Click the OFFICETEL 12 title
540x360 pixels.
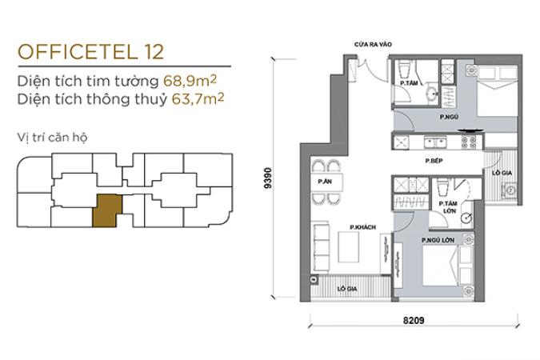click(90, 52)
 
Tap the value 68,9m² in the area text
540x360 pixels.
click(190, 81)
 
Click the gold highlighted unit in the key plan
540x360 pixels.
click(106, 211)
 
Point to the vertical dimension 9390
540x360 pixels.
click(268, 178)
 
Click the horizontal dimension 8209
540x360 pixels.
click(414, 320)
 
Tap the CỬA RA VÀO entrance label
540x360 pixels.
click(373, 45)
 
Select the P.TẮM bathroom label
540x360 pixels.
click(409, 83)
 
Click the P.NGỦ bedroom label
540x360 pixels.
click(449, 117)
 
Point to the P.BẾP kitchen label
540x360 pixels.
click(434, 161)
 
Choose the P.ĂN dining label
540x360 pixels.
click(325, 182)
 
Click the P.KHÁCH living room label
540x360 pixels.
click(362, 227)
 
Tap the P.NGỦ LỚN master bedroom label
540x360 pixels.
click(438, 240)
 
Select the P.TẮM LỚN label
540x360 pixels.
click(448, 207)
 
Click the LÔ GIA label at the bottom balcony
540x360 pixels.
click(347, 289)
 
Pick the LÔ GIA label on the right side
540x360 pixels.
click(502, 173)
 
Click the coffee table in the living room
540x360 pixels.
click(349, 247)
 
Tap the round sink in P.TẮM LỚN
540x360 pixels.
click(466, 218)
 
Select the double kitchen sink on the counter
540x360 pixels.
click(435, 142)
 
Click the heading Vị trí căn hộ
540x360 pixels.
click(52, 138)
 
